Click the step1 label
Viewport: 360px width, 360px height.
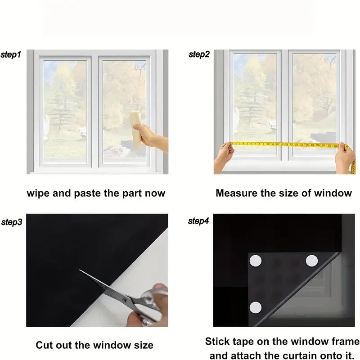(10, 54)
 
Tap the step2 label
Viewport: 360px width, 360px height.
(199, 54)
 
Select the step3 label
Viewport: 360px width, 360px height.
(12, 222)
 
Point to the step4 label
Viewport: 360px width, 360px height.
(199, 221)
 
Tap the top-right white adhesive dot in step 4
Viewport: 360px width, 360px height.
(311, 260)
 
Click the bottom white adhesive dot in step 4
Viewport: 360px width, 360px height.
(256, 307)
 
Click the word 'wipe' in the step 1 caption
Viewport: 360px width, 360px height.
(38, 193)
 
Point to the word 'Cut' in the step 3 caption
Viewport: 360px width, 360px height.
(44, 345)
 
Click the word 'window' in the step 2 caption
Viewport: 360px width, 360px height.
(335, 193)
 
